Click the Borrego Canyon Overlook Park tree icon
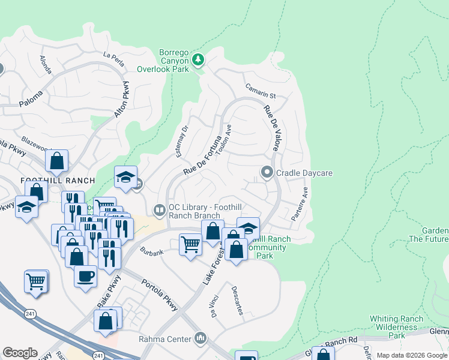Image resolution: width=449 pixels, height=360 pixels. click(x=198, y=59)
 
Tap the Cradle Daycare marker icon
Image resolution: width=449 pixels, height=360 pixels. click(x=267, y=173)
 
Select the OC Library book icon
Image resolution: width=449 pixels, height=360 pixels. click(x=160, y=210)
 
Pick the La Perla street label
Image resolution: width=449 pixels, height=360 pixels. click(x=113, y=56)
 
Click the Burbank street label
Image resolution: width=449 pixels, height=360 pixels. click(x=152, y=253)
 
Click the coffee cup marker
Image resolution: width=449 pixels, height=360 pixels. click(x=86, y=276)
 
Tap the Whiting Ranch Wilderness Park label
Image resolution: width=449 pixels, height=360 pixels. click(x=394, y=327)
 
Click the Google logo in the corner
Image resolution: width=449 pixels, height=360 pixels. click(x=20, y=353)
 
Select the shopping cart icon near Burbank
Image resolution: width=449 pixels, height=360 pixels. click(x=190, y=244)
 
